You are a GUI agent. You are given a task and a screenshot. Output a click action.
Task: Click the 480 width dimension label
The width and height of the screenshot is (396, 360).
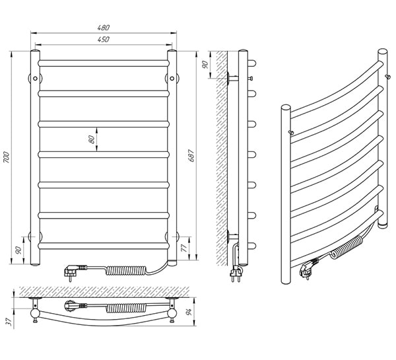pos(104,27)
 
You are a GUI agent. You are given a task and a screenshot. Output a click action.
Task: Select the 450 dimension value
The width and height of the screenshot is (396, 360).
pos(104,39)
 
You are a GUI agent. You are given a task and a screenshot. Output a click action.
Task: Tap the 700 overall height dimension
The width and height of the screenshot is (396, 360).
pos(7,157)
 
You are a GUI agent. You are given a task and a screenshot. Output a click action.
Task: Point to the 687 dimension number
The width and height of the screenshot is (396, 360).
pos(191,155)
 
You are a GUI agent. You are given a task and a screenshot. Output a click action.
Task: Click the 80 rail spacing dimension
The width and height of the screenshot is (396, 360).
pos(92,139)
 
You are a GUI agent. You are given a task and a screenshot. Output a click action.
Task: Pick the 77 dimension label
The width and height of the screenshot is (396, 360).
pos(185,248)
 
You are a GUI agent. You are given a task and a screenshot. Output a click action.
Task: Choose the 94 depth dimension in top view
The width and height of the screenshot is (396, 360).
pos(189,312)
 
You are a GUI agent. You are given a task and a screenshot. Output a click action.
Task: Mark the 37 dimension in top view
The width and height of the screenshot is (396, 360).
pos(9,321)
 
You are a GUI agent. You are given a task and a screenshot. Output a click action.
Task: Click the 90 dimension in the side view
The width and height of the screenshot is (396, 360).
pos(205,65)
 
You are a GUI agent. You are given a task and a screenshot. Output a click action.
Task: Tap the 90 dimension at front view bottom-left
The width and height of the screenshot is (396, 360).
pos(18,250)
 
